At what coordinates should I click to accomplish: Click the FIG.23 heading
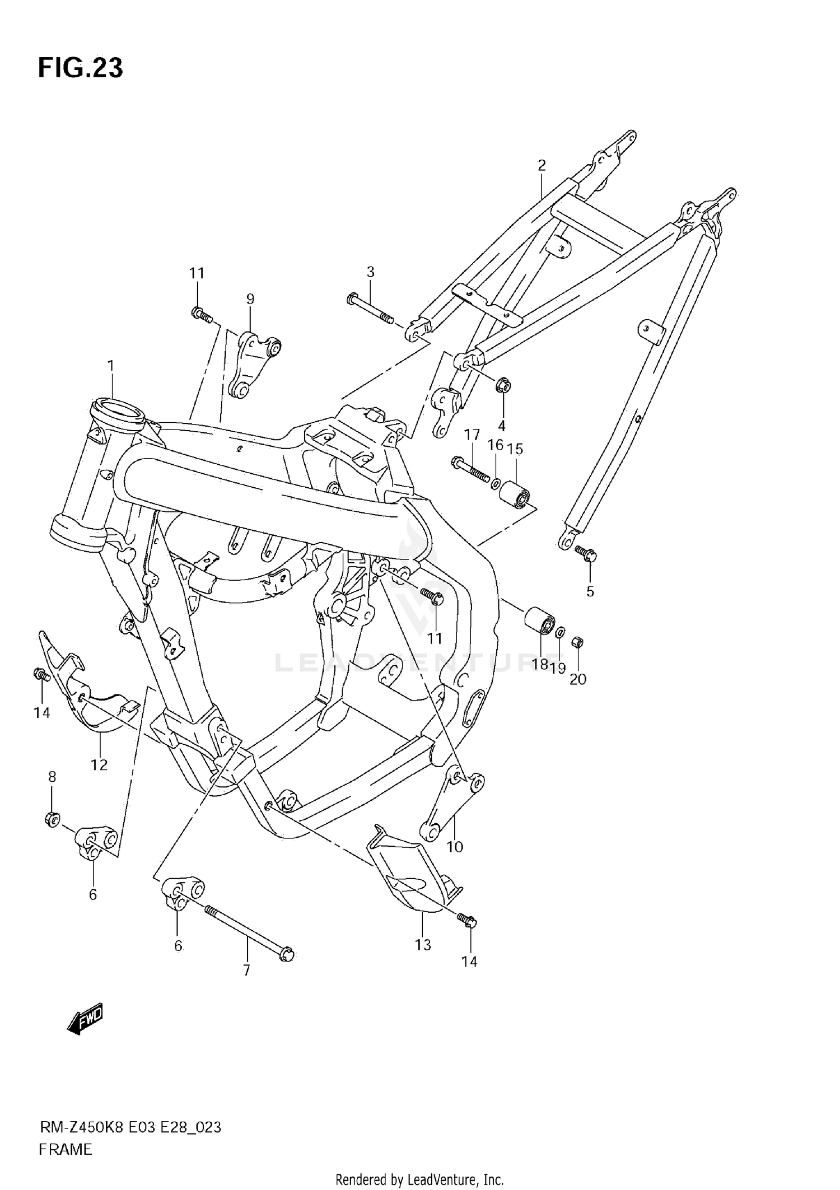coord(80,68)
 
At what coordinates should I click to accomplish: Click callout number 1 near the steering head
coord(111,366)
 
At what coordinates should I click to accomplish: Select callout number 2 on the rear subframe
coord(542,165)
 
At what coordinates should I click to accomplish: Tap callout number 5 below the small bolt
coord(590,591)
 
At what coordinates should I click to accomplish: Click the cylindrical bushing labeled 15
coord(514,493)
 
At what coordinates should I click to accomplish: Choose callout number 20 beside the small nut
coord(577,679)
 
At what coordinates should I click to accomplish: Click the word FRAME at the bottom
coord(65,1149)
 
